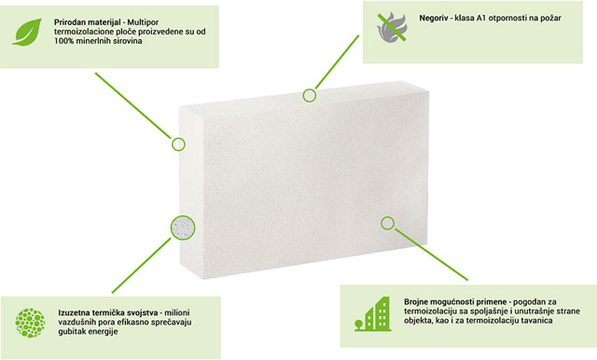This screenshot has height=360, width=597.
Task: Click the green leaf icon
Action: click(x=27, y=32)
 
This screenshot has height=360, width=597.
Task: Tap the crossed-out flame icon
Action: click(x=392, y=27)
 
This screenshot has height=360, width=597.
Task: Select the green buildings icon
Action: click(x=372, y=314)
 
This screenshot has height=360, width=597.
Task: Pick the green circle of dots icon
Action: click(x=30, y=323)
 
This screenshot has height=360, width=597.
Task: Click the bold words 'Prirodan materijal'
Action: click(x=88, y=22)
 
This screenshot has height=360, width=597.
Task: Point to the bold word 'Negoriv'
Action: click(x=434, y=18)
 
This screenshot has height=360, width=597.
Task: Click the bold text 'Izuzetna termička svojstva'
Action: click(x=108, y=312)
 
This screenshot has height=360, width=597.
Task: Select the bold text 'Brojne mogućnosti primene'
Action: click(x=455, y=302)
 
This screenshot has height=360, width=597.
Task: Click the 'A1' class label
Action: click(x=481, y=18)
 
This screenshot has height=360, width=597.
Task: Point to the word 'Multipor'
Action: click(x=143, y=22)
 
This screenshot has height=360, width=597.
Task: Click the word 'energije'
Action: click(x=104, y=331)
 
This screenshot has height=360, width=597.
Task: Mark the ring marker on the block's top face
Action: click(x=310, y=95)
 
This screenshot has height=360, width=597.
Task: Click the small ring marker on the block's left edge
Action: click(x=178, y=145)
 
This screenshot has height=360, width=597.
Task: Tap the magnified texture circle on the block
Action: click(x=183, y=228)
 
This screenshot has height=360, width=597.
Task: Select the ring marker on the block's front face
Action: click(x=387, y=224)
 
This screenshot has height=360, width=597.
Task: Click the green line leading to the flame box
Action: click(x=337, y=62)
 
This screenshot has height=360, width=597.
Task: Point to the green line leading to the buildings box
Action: click(x=431, y=255)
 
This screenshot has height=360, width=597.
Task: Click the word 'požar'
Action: click(x=550, y=19)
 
